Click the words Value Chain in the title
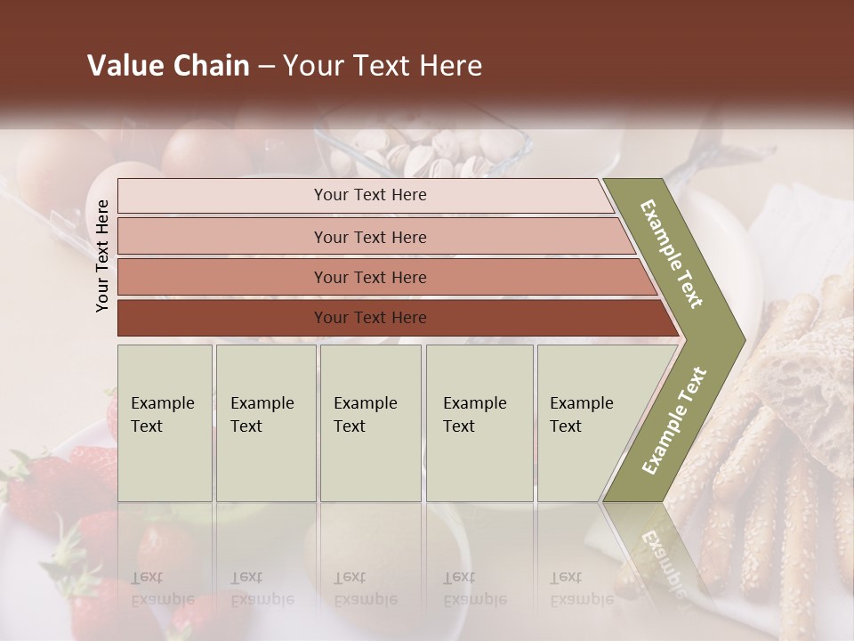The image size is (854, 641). pyautogui.click(x=168, y=66)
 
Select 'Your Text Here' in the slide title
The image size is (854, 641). pyautogui.click(x=382, y=66)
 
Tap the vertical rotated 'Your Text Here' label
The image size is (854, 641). pyautogui.click(x=102, y=256)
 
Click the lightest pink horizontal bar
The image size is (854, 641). pyautogui.click(x=369, y=195)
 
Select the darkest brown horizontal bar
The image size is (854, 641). pyautogui.click(x=369, y=318)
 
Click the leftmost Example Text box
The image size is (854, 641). pyautogui.click(x=165, y=422)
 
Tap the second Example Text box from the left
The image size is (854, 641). pyautogui.click(x=265, y=422)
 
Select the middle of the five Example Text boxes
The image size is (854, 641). pyautogui.click(x=370, y=422)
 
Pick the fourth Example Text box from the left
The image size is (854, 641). pyautogui.click(x=479, y=422)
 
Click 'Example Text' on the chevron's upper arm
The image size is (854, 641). pyautogui.click(x=672, y=254)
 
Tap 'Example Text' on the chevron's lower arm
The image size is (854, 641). pyautogui.click(x=673, y=420)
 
